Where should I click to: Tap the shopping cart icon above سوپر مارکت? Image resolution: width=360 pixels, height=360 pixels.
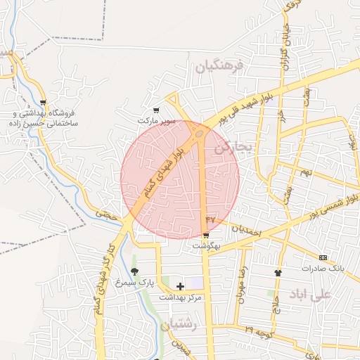click(156, 110)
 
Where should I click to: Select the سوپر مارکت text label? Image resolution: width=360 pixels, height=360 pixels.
click(155, 121)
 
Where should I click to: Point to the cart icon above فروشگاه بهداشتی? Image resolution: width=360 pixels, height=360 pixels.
click(44, 103)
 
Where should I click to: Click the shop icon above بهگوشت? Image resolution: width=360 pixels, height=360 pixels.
click(206, 236)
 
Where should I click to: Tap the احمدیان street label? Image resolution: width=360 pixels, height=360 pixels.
click(247, 231)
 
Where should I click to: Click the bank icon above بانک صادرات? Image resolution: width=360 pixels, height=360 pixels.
click(323, 258)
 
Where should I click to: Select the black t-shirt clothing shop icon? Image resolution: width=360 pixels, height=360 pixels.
click(278, 273)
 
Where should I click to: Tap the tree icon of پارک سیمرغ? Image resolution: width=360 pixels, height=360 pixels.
click(134, 271)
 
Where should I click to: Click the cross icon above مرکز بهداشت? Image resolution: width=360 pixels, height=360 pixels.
click(181, 286)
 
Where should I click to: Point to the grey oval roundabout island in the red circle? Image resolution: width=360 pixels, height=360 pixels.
click(200, 133)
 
